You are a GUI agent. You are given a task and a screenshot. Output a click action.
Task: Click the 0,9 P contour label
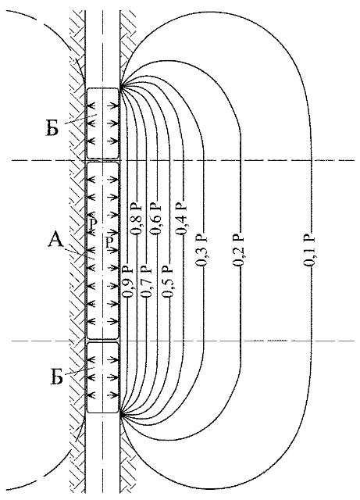coord(127,281)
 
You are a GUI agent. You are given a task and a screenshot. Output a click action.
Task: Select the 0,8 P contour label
coord(137,219)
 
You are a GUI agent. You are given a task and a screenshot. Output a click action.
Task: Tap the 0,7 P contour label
coord(147,281)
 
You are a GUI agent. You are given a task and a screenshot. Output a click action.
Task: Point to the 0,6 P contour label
coord(156,219)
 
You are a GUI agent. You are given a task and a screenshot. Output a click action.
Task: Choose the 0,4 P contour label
coord(183,219)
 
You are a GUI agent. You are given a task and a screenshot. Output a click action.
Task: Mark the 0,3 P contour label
coord(202,250)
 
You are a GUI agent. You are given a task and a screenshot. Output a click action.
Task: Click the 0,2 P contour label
coord(239,250)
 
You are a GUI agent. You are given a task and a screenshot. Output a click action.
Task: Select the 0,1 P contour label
coord(309,250)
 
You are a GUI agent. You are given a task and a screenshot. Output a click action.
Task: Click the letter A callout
coord(55,240)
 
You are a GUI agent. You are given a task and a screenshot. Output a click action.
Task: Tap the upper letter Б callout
coord(52,129)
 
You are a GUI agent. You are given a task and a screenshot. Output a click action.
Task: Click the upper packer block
coord(102,123)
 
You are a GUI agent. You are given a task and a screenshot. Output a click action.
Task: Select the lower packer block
coord(102,377)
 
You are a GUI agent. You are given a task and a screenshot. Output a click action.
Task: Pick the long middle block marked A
coord(102,251)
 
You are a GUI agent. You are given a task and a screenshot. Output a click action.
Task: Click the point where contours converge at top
coord(120,85)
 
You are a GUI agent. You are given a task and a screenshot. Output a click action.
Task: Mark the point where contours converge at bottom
coord(120,415)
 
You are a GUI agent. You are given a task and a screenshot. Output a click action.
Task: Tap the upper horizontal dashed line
coord(183,160)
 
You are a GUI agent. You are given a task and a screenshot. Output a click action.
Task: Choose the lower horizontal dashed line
coord(183,341)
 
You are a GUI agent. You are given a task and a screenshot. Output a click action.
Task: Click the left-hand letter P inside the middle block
coord(93,224)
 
